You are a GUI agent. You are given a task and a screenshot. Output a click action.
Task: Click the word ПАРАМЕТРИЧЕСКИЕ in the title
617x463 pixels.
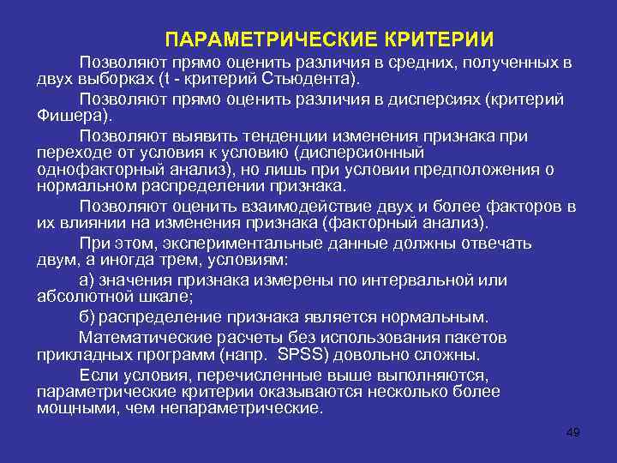coord(260,40)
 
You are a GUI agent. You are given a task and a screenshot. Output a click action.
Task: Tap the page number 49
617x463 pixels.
coord(573,431)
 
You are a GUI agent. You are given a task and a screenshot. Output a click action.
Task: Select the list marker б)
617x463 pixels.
coord(87,316)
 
